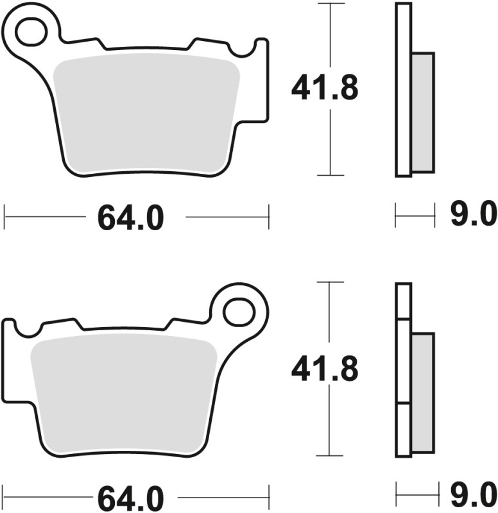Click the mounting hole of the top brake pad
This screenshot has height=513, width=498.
coord(31,32)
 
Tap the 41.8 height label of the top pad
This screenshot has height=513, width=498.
coord(324,88)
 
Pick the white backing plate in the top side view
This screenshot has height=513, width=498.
coord(403,90)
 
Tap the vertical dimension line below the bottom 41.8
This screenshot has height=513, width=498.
coord(329,423)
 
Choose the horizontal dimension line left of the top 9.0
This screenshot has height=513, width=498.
coord(411,216)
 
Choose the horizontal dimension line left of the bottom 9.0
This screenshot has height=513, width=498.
coord(411,494)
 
